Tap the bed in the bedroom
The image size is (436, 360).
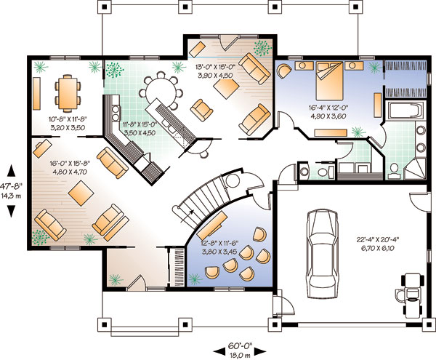(x=329, y=81)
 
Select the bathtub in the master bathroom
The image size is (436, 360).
(x=405, y=110)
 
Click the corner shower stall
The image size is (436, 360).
(x=415, y=168)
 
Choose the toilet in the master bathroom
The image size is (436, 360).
(x=394, y=169)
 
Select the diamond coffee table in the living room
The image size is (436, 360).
(x=81, y=193)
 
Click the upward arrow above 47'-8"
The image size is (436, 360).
(x=11, y=170)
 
